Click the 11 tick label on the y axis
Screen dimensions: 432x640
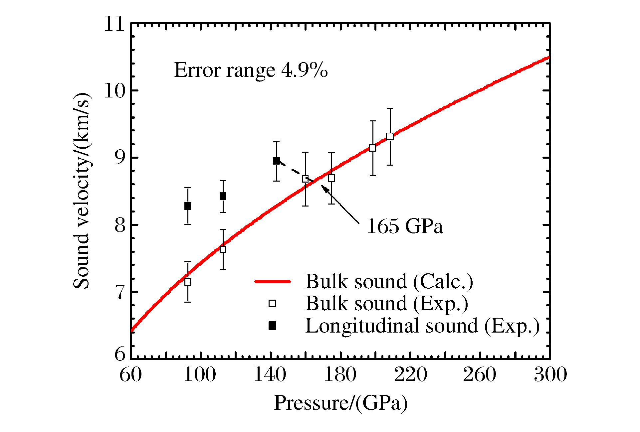pos(114,24)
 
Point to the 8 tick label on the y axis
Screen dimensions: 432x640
pos(120,225)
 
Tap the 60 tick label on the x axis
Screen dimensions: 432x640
pos(130,375)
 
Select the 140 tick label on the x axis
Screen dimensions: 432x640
pos(270,375)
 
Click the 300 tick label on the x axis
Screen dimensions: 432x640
pos(550,375)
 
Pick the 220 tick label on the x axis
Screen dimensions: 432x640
pos(410,375)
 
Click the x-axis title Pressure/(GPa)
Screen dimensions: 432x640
pos(340,403)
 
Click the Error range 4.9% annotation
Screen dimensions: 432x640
pos(251,70)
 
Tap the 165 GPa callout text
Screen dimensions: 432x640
pos(405,227)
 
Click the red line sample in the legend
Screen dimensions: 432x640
pos(273,281)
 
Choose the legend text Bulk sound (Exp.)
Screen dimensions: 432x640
pos(387,304)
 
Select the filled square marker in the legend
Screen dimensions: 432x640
pos(273,326)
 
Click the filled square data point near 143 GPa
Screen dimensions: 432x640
pos(276,161)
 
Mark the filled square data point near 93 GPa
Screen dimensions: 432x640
pos(188,206)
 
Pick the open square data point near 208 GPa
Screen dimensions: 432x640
pos(390,136)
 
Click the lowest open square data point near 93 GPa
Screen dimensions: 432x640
pos(188,282)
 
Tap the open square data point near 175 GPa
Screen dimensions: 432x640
pos(331,179)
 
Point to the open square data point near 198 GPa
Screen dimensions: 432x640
pos(373,148)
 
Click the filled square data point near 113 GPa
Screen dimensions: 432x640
pos(223,196)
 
